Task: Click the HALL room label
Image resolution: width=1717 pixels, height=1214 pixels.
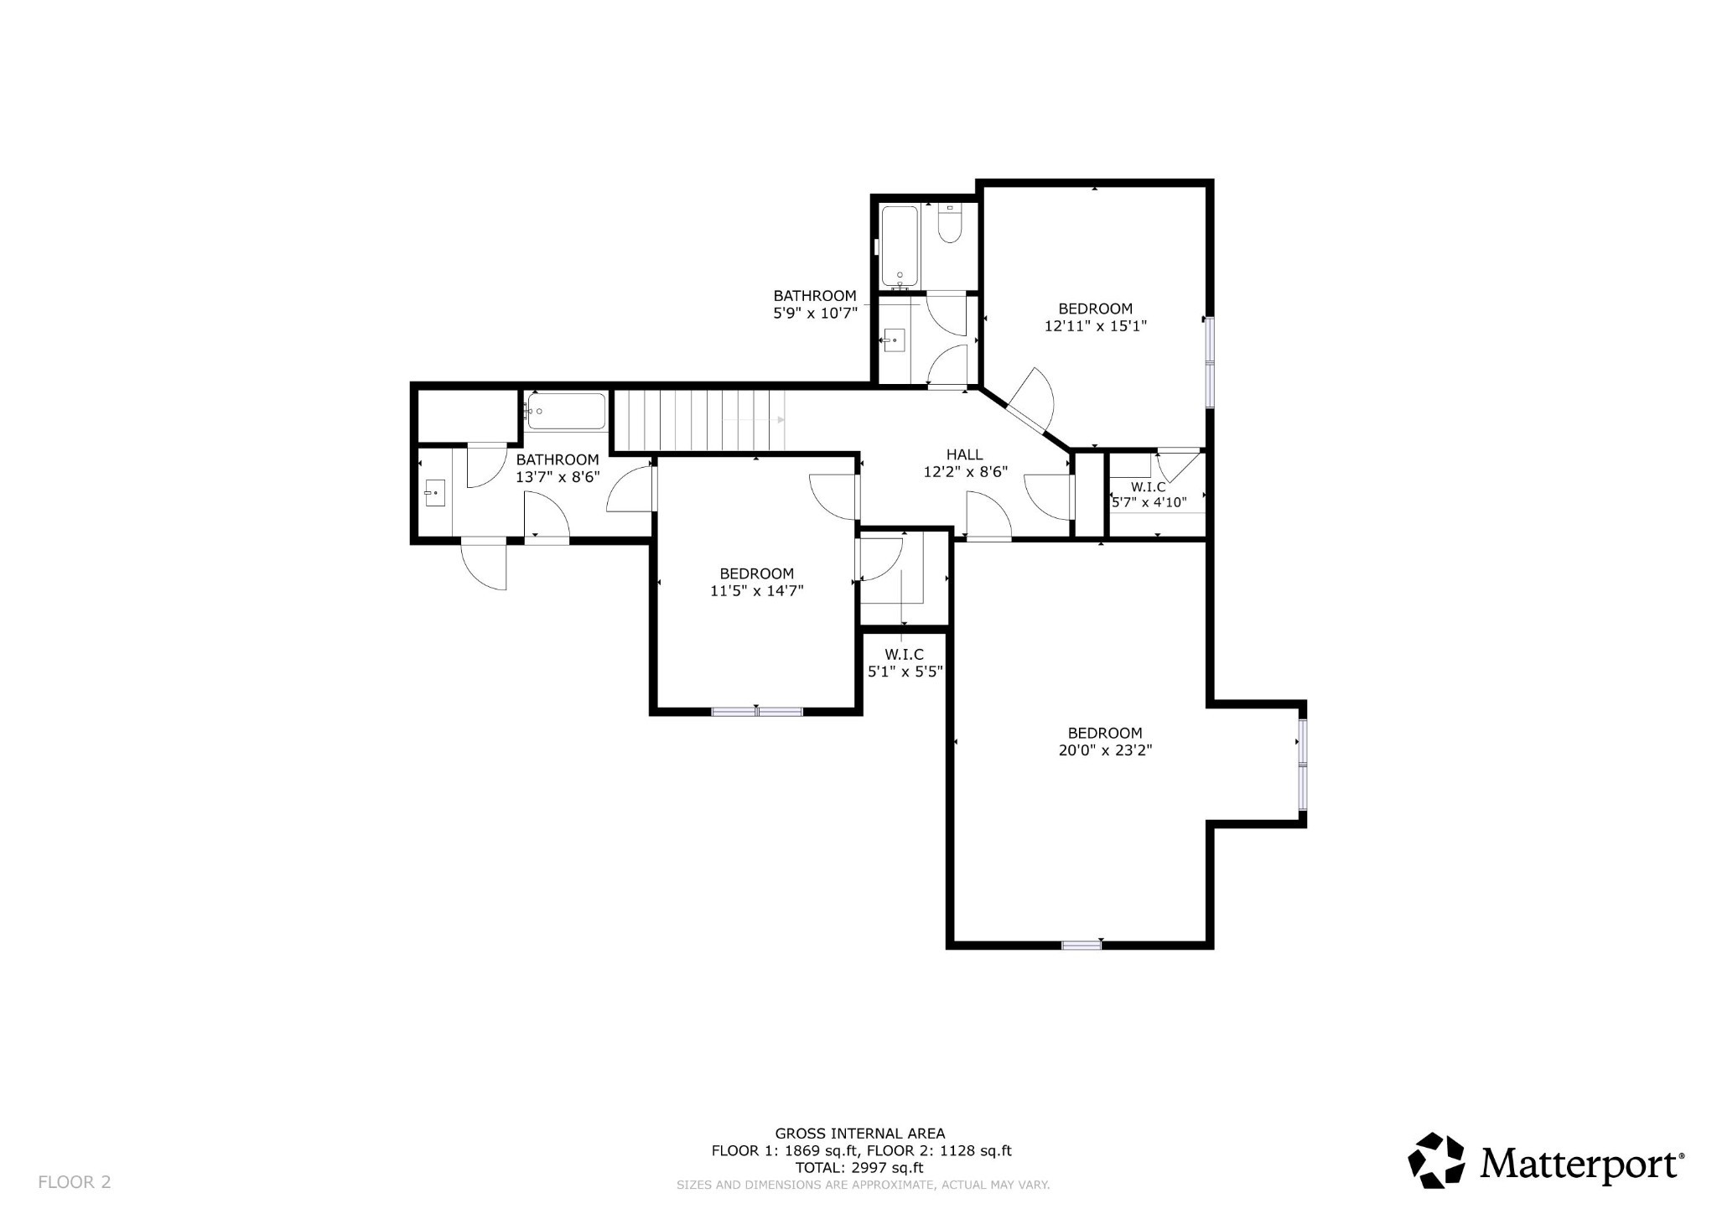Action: pos(964,454)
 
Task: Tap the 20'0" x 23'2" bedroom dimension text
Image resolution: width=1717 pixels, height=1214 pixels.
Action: pos(1105,750)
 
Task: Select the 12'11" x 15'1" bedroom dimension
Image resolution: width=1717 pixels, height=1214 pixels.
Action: pos(1095,326)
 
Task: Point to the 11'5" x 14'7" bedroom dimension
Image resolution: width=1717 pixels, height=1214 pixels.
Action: pos(756,591)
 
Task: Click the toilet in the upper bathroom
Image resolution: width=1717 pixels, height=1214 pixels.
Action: pos(949,225)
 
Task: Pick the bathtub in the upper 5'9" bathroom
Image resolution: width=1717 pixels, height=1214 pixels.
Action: pos(900,246)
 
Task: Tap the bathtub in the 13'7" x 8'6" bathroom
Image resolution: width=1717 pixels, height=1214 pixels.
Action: pos(567,412)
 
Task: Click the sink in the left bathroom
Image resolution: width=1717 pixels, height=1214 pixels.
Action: pos(434,493)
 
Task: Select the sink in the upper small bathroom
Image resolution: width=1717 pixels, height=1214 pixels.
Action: pos(894,340)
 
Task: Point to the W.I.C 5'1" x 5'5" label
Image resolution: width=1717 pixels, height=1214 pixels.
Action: pos(904,662)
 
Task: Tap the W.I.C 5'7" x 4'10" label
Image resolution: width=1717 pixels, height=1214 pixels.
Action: pos(1149,495)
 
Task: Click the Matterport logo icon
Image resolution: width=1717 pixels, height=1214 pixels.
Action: pos(1435,1160)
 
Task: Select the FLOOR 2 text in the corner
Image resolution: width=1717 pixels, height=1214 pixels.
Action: pos(75,1182)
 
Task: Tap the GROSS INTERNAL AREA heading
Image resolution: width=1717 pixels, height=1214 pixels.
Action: pos(859,1134)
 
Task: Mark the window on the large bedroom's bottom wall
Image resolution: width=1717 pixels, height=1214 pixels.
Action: pos(1081,945)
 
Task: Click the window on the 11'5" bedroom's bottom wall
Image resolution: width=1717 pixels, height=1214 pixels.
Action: pos(757,712)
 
